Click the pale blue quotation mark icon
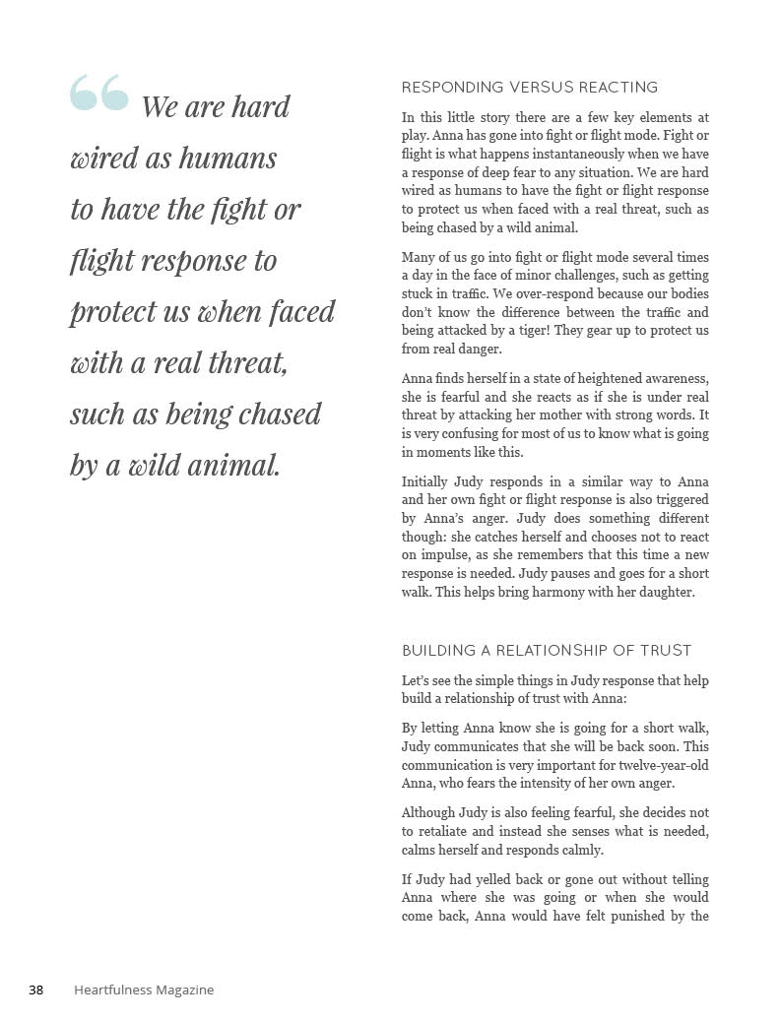tap(98, 93)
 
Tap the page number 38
tap(35, 989)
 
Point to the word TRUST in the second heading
tap(668, 651)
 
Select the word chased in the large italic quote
tap(272, 414)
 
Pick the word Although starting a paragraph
tap(428, 812)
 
